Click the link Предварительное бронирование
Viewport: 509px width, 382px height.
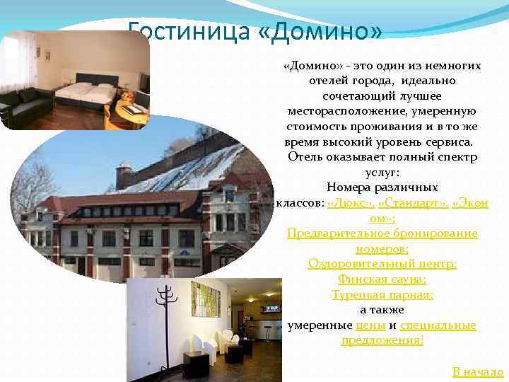coord(382,233)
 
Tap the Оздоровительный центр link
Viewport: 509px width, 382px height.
coord(382,264)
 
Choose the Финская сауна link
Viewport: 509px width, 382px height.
coord(382,279)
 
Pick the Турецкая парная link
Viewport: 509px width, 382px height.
coord(382,295)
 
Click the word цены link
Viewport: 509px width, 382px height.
coord(370,325)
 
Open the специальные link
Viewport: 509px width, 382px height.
coord(438,325)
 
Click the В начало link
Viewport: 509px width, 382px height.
coord(478,371)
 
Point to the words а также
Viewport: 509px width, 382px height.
coord(382,310)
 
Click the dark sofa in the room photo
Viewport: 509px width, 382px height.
coord(25,105)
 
